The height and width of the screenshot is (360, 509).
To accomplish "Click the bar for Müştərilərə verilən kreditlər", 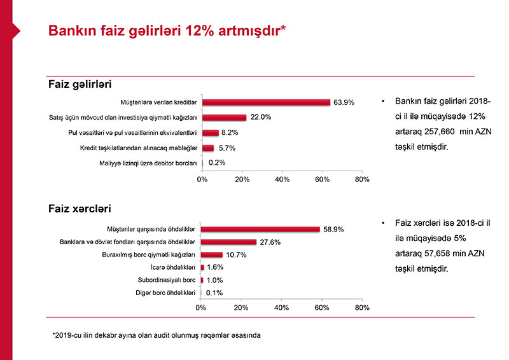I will tap(266, 102).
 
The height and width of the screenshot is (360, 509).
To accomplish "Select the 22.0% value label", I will tap(261, 117).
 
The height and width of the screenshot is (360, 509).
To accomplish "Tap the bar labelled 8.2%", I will tap(211, 132).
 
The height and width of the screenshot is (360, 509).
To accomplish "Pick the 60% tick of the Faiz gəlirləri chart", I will tap(322, 180).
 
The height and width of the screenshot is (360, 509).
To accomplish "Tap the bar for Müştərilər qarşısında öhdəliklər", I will tap(260, 229).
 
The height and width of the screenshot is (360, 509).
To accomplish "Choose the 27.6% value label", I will tap(270, 242).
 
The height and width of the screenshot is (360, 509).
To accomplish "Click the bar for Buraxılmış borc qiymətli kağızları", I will tap(211, 254).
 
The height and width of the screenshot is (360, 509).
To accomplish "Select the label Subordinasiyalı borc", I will tap(166, 280).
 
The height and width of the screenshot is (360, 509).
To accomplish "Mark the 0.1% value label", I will tap(214, 293).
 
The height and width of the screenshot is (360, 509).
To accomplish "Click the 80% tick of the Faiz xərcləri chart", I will tap(362, 308).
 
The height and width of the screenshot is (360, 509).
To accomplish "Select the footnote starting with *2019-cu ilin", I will tap(157, 335).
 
